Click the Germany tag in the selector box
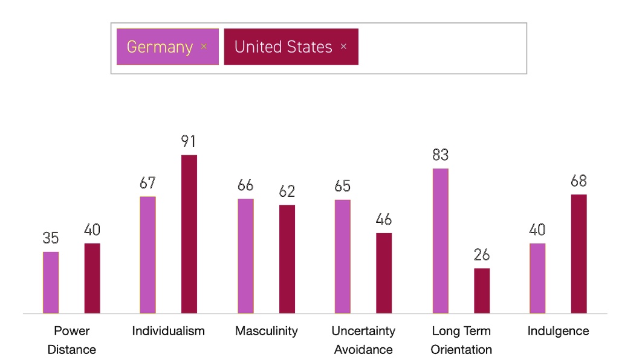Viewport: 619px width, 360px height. (160, 47)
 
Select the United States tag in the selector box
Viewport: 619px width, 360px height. (283, 47)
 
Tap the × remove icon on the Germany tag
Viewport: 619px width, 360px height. (204, 47)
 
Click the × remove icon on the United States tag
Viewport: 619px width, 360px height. (343, 47)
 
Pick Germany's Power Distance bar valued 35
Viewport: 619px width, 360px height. (51, 283)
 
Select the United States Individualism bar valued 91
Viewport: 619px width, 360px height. (189, 234)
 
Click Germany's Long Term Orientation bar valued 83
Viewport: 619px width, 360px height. (441, 241)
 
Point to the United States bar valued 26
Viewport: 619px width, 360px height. (482, 291)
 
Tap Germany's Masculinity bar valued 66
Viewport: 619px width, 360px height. (245, 256)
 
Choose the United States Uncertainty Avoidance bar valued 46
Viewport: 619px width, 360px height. (384, 273)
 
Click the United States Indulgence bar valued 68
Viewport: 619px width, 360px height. (578, 254)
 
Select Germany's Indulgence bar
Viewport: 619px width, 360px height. (537, 278)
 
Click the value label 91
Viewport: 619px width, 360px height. (189, 142)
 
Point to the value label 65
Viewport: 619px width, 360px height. (342, 186)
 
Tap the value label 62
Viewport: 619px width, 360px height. (287, 191)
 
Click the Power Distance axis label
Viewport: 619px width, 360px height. (71, 340)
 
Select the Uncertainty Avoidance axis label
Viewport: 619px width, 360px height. (363, 340)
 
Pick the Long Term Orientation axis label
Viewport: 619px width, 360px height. (461, 340)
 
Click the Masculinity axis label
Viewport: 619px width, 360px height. (267, 331)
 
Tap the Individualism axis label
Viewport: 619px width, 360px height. (169, 331)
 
